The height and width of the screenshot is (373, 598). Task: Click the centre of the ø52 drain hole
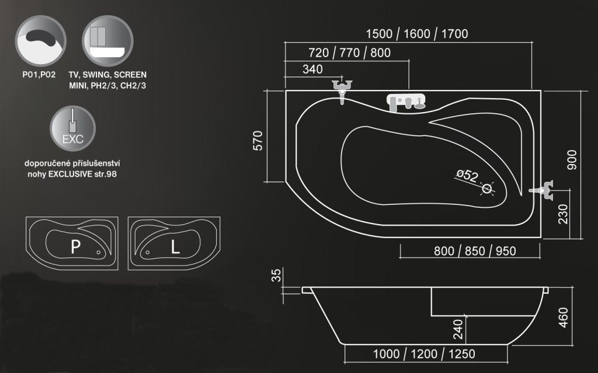coord(488,189)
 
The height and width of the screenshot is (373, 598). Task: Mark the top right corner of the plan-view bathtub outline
coord(541,90)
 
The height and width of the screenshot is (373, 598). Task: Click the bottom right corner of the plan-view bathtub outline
coord(541,237)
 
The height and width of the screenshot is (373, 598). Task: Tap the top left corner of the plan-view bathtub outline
coord(286,90)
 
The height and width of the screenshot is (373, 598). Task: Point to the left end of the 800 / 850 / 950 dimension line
coord(400,257)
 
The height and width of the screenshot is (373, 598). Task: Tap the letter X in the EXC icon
coord(72,139)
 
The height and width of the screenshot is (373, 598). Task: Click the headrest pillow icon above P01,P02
coord(41,41)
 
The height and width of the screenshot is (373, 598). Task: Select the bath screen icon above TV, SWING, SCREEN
coord(107,41)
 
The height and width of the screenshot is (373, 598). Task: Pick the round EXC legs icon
coord(72,128)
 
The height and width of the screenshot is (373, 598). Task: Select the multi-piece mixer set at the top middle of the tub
coord(406,102)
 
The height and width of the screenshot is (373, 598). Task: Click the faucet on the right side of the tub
coord(541,190)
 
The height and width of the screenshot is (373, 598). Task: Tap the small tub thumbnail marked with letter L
coord(174,243)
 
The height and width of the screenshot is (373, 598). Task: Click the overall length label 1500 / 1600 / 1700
coord(417,34)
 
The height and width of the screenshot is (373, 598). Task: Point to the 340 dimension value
coord(312,69)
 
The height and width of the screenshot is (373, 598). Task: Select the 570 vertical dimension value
coord(258,140)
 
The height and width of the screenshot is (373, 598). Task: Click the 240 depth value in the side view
coord(458,330)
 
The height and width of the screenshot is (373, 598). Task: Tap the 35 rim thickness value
coord(276,275)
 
